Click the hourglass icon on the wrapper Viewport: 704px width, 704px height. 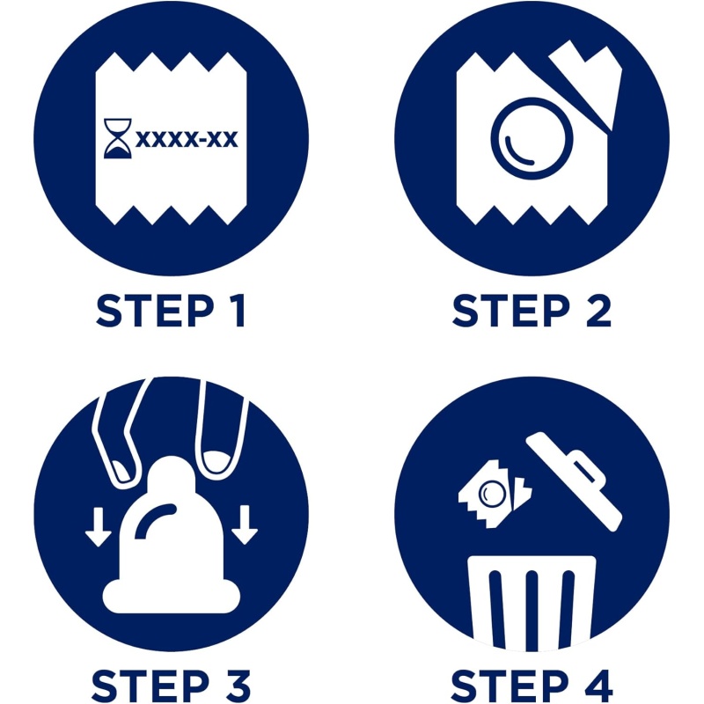coord(118,138)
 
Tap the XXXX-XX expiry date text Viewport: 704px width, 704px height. coord(187,139)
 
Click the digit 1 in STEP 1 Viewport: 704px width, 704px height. coord(237,311)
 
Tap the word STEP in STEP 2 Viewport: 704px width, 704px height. coord(511,311)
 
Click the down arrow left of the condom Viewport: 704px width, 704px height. coord(99,526)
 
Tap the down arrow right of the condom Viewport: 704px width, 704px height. coord(245,524)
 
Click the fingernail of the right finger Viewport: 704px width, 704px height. coord(217,460)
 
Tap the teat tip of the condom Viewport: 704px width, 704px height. coord(171,474)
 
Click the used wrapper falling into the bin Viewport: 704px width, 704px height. coord(495,494)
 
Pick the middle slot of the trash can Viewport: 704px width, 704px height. coord(532,610)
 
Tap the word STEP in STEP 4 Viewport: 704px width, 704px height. coord(510,686)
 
